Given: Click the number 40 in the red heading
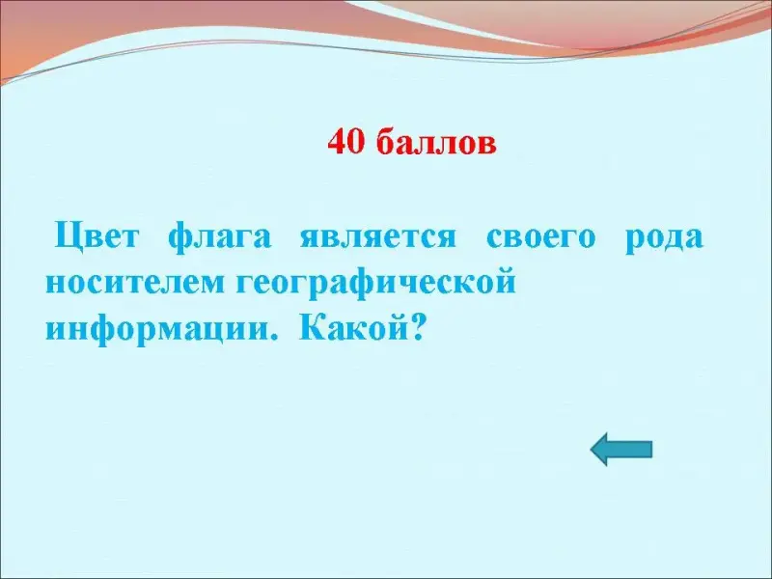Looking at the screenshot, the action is point(346,142).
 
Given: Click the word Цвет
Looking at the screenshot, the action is point(96,236).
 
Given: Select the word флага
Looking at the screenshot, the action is point(220,237).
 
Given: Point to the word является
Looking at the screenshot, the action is point(378,237).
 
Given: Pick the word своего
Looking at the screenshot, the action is point(541,237).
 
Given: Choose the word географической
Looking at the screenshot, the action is point(375,283).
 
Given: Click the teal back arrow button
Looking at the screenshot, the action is point(621,450).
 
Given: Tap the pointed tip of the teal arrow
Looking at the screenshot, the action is point(591,450).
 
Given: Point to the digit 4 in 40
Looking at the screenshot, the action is point(337,142).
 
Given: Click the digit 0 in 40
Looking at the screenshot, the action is point(356,142).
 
